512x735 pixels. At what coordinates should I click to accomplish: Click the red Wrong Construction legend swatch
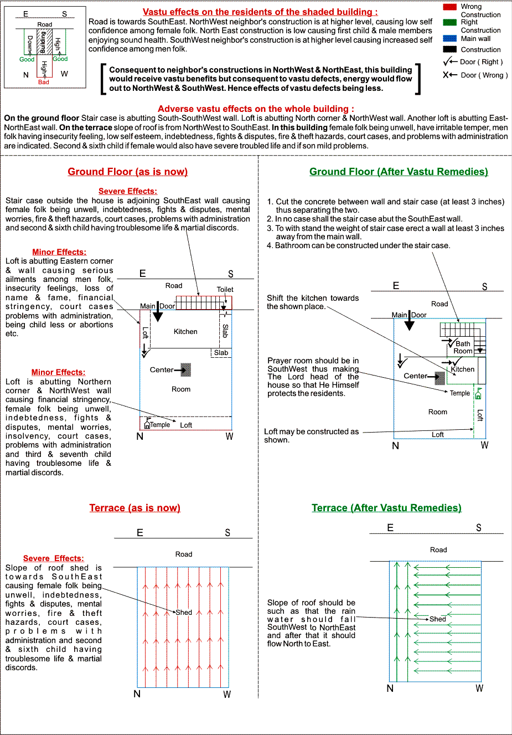tap(449, 7)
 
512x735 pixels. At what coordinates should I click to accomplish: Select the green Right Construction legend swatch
tap(449, 22)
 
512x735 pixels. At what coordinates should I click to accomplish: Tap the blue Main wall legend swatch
tap(449, 39)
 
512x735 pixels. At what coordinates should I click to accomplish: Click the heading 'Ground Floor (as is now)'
tap(128, 172)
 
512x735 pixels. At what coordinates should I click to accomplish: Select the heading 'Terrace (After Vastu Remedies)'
tap(386, 508)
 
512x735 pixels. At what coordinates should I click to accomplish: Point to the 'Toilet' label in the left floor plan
tap(225, 289)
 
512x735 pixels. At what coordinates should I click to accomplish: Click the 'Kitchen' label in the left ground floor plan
tap(185, 331)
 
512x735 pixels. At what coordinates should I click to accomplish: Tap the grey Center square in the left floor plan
tap(186, 369)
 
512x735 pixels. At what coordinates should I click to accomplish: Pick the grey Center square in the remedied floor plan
tap(440, 378)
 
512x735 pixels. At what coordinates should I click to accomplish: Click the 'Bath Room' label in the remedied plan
tap(463, 347)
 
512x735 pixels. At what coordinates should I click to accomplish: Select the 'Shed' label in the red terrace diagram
tap(184, 613)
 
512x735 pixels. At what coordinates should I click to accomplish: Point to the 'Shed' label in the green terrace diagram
tap(437, 619)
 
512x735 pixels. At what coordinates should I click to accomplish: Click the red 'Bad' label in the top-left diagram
tap(44, 82)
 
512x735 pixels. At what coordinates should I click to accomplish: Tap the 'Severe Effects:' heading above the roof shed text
tap(54, 558)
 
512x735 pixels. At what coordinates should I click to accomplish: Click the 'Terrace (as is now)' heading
tap(135, 508)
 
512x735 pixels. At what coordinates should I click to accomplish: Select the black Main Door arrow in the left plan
tap(158, 313)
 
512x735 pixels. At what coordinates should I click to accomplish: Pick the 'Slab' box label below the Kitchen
tap(221, 353)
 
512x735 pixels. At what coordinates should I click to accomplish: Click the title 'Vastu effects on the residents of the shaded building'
tap(260, 12)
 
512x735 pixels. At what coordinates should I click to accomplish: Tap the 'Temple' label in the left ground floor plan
tap(159, 425)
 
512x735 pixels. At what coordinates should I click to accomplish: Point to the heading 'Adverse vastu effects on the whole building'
tap(256, 109)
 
